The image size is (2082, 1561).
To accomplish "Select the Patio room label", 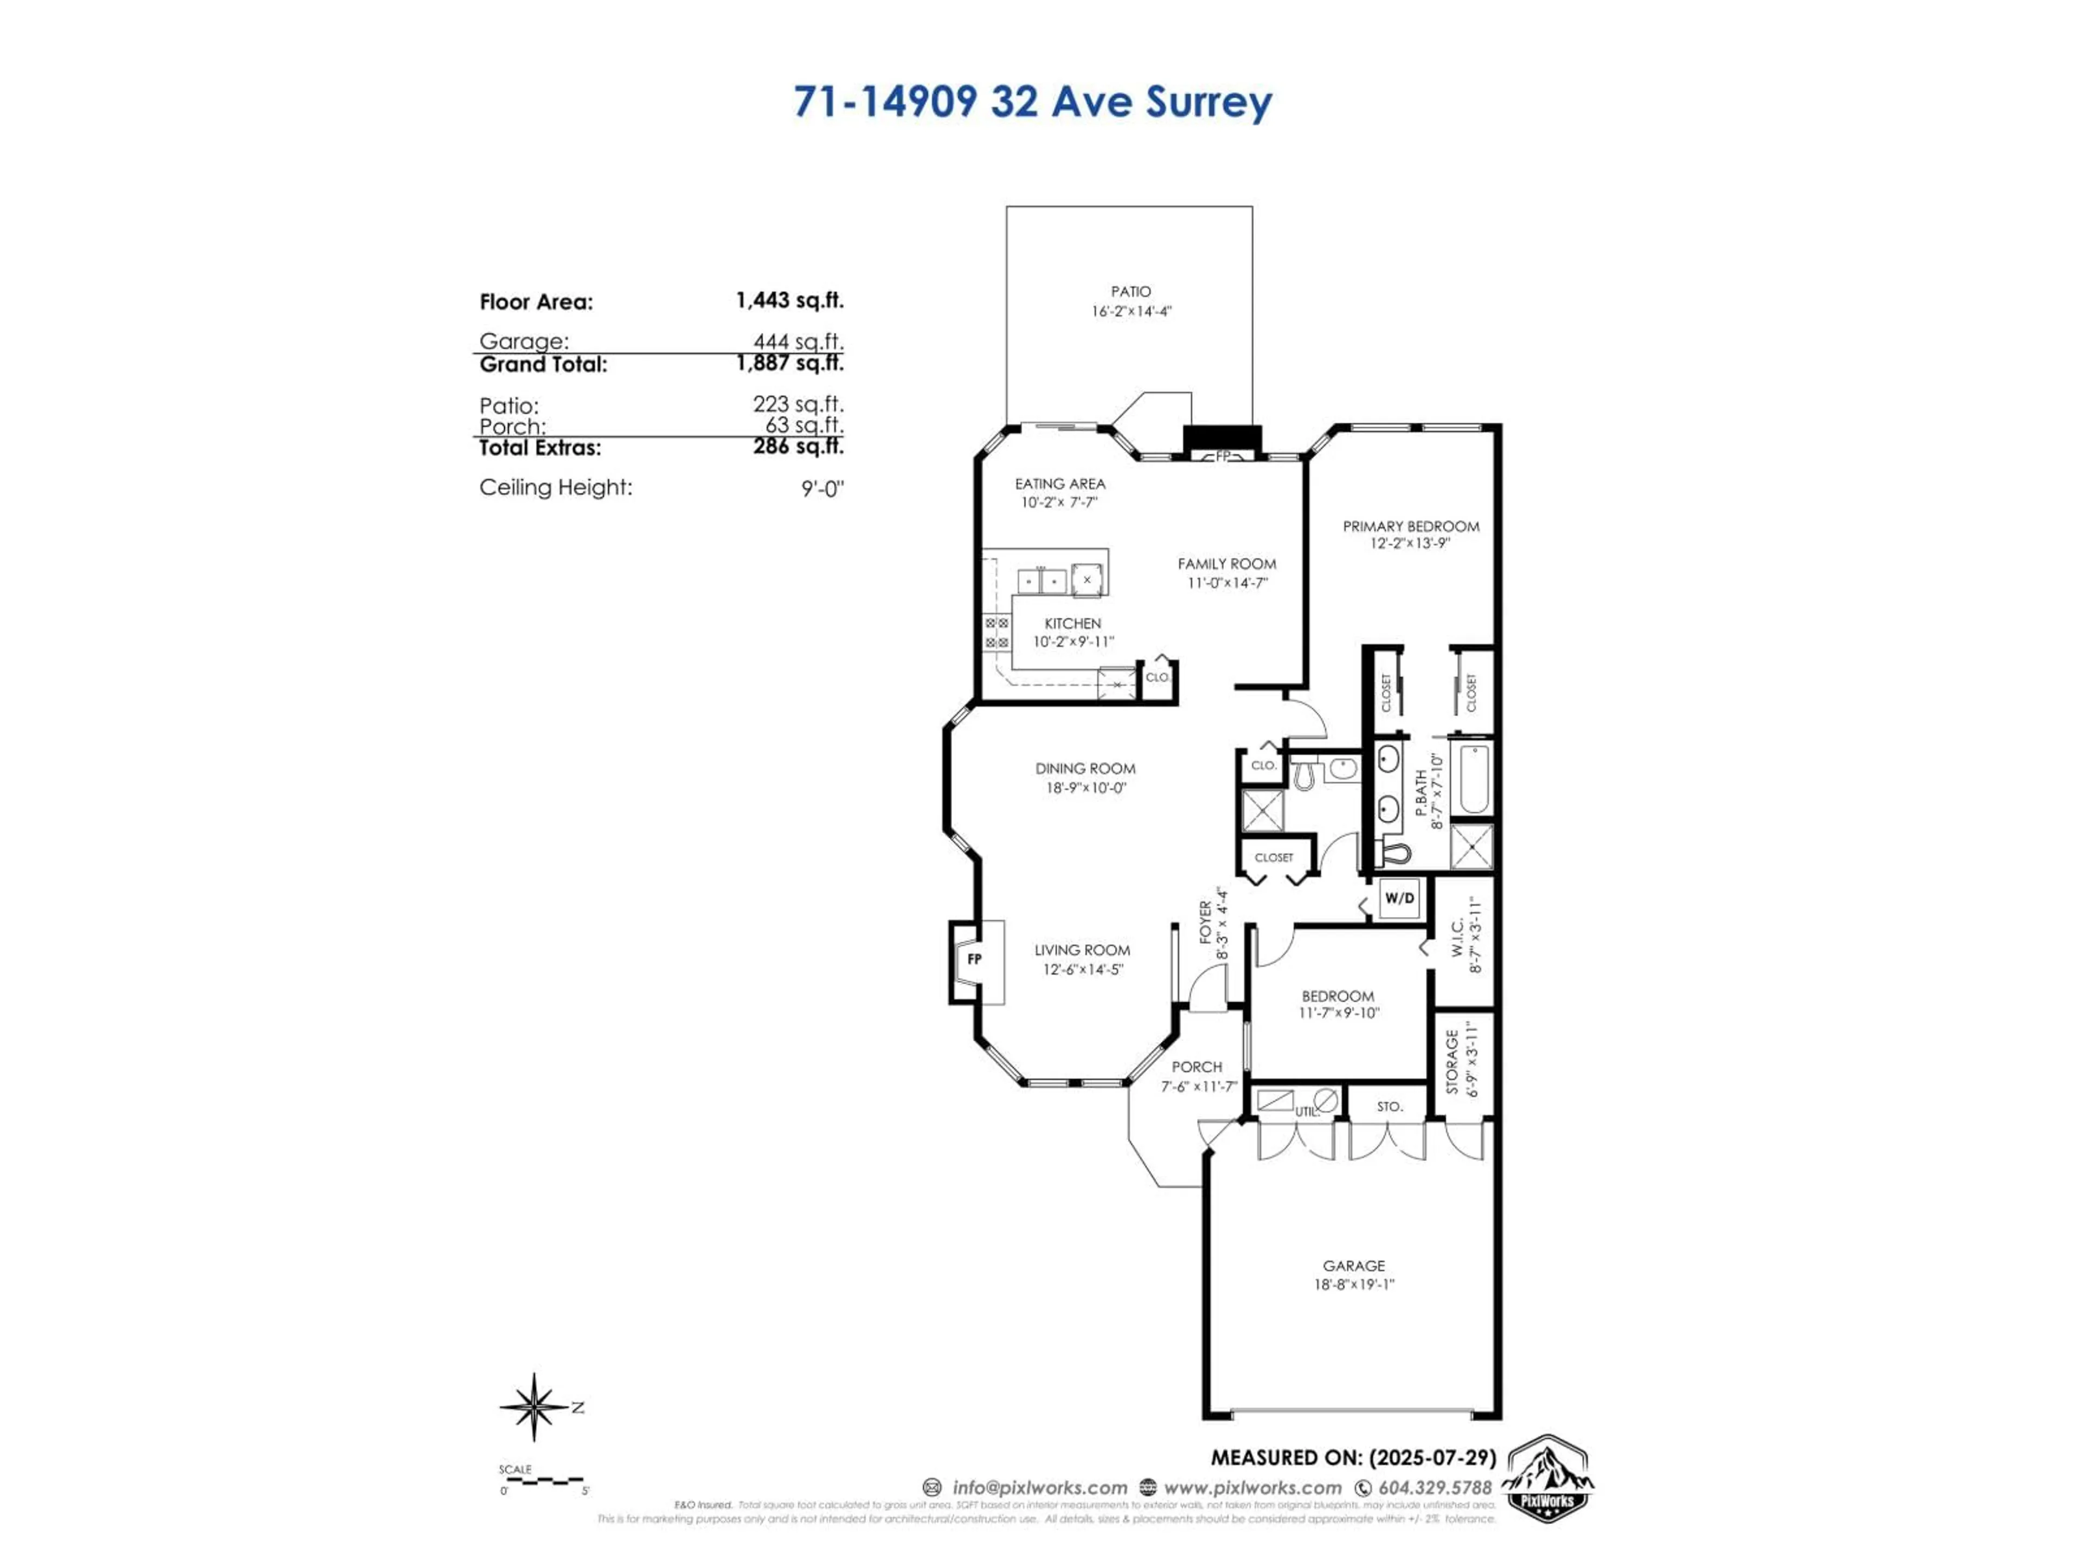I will click(x=1130, y=292).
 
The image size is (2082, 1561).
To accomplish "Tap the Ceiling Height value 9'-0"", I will click(x=822, y=488).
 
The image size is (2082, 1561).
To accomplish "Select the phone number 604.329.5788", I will click(x=1435, y=1488).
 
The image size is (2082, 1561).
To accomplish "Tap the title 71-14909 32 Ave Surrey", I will click(x=1032, y=101).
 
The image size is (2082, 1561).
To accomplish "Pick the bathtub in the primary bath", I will click(x=1474, y=779).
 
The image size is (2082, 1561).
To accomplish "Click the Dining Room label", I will click(x=1085, y=768).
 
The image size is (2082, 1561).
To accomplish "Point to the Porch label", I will click(x=1196, y=1067).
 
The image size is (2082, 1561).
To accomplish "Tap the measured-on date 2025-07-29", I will click(x=1431, y=1457).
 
